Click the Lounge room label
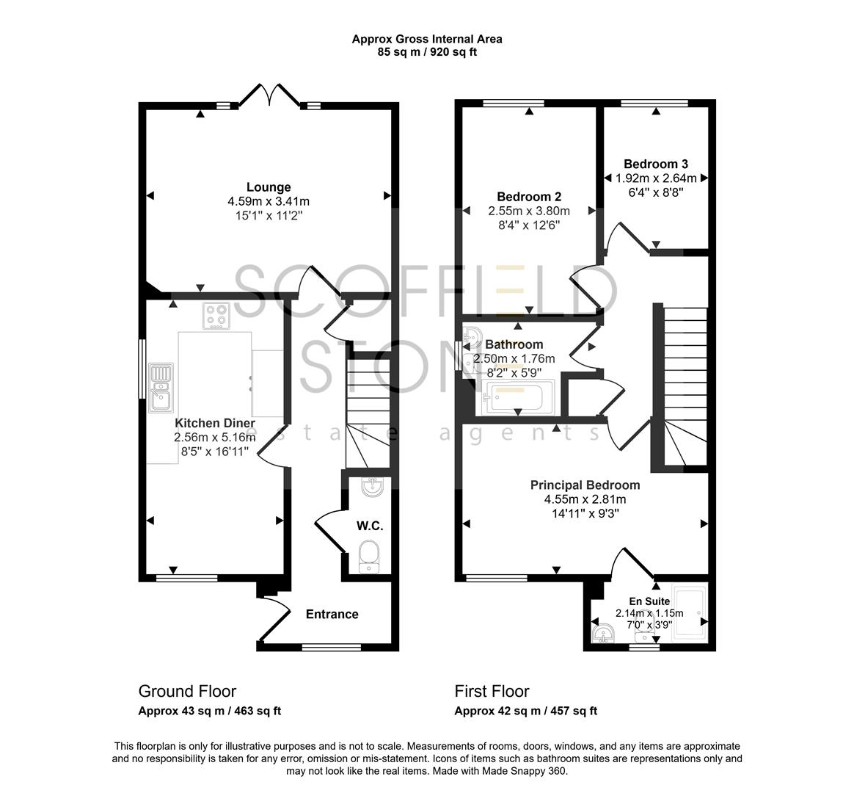tap(269, 187)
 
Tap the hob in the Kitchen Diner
tap(216, 316)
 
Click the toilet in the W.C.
tap(368, 556)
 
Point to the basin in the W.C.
tap(371, 485)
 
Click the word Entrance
tap(332, 615)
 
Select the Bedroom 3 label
tap(655, 164)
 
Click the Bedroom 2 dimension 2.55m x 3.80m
tap(528, 211)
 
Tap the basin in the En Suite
tap(604, 633)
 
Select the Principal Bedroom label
tap(585, 485)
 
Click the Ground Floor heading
tap(187, 691)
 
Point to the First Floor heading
tap(492, 691)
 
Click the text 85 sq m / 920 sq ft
tap(427, 52)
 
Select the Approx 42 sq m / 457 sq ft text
tap(525, 711)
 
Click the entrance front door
tap(274, 619)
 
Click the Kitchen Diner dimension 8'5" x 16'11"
tap(215, 451)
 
